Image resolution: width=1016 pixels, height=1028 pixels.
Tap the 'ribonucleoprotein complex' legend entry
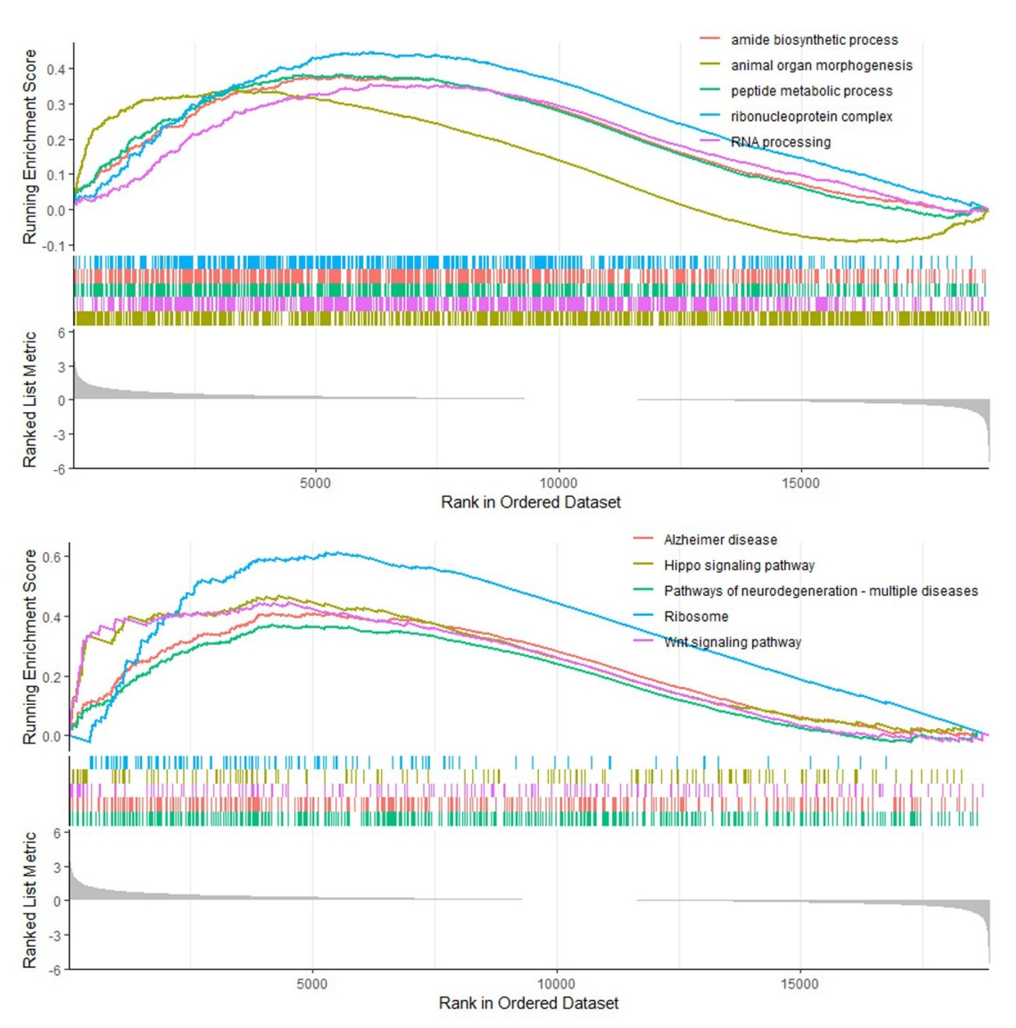[811, 117]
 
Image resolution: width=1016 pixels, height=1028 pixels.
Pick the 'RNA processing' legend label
[780, 142]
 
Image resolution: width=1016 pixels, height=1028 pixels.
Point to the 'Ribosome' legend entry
[696, 616]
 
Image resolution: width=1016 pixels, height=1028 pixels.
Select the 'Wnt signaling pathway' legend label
[732, 642]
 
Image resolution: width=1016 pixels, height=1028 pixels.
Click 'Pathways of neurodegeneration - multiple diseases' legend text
[820, 591]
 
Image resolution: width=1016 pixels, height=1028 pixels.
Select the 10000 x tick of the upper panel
[558, 483]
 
